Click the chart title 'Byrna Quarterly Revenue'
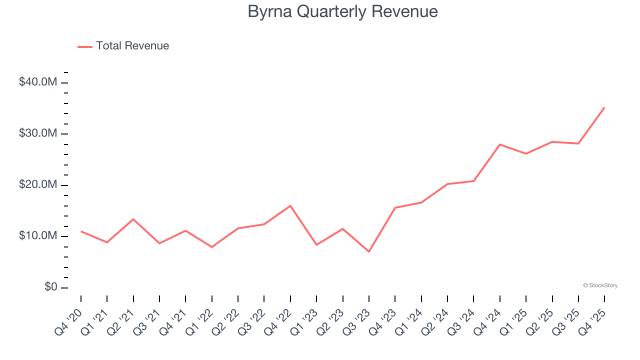click(342, 11)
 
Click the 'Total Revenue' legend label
click(132, 46)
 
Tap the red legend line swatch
click(85, 46)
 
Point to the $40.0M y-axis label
click(38, 82)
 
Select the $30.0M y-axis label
click(38, 133)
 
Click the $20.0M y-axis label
click(38, 185)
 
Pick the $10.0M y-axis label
click(38, 236)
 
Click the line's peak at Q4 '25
click(604, 107)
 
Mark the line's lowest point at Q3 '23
click(369, 251)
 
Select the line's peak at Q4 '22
click(290, 205)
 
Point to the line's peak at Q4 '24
click(500, 144)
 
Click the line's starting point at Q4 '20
click(81, 231)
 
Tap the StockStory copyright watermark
click(600, 285)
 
